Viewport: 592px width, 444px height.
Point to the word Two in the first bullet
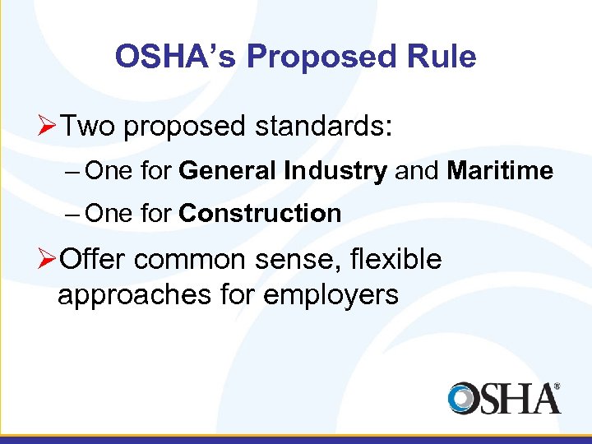(90, 127)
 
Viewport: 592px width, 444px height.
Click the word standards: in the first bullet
(325, 127)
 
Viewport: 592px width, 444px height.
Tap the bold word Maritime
(500, 171)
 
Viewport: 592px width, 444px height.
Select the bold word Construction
(260, 214)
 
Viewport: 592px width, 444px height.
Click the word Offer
(93, 259)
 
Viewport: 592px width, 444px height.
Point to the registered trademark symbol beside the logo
(557, 386)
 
